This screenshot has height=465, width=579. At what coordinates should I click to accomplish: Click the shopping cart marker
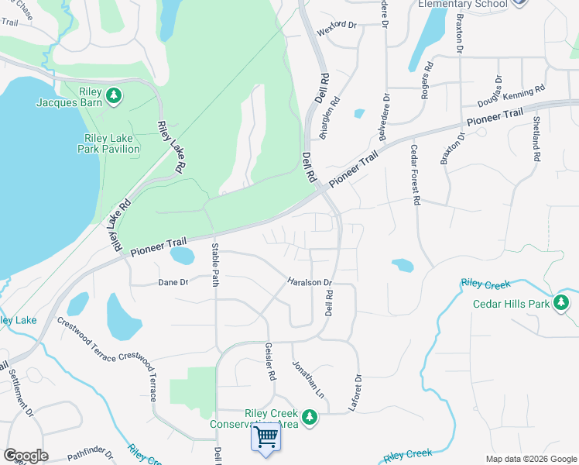tap(266, 438)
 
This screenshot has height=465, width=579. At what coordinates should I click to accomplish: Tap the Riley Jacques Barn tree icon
tap(114, 95)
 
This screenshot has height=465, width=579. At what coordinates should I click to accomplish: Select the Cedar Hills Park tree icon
tap(562, 302)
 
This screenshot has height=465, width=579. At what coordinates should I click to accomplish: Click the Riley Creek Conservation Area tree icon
tap(310, 418)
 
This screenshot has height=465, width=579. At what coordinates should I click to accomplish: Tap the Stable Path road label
tap(216, 264)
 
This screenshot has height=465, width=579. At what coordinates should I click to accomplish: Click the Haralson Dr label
tap(310, 282)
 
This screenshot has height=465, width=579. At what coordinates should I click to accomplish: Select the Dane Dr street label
tap(173, 283)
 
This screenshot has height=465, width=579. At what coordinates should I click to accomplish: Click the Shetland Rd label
tap(536, 139)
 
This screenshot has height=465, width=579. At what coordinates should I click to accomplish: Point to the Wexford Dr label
tap(336, 25)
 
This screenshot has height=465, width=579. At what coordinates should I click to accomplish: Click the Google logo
tap(26, 456)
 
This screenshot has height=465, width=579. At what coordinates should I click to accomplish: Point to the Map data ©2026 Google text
tap(530, 459)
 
